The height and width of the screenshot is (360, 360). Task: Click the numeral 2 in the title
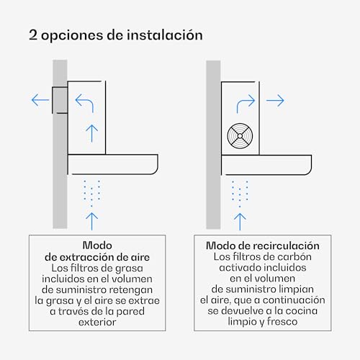[33, 35]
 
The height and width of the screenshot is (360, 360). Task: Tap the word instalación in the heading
[165, 35]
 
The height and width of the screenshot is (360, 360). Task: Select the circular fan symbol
[240, 136]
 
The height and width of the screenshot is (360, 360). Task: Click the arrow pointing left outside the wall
[40, 100]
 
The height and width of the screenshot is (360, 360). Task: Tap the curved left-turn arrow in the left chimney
[84, 103]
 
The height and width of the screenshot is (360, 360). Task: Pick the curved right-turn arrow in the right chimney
[246, 104]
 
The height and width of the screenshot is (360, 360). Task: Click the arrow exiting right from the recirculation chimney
[275, 100]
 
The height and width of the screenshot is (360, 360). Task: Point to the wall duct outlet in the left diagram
[60, 100]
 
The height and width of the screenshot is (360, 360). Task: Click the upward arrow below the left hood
[91, 221]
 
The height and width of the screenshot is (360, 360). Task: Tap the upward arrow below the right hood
[240, 222]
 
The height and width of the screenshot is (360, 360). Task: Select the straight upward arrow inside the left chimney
[91, 133]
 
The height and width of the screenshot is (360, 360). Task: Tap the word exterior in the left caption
[97, 322]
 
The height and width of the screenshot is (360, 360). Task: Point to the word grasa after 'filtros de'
[129, 269]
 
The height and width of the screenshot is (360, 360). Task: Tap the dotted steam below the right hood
[240, 194]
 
